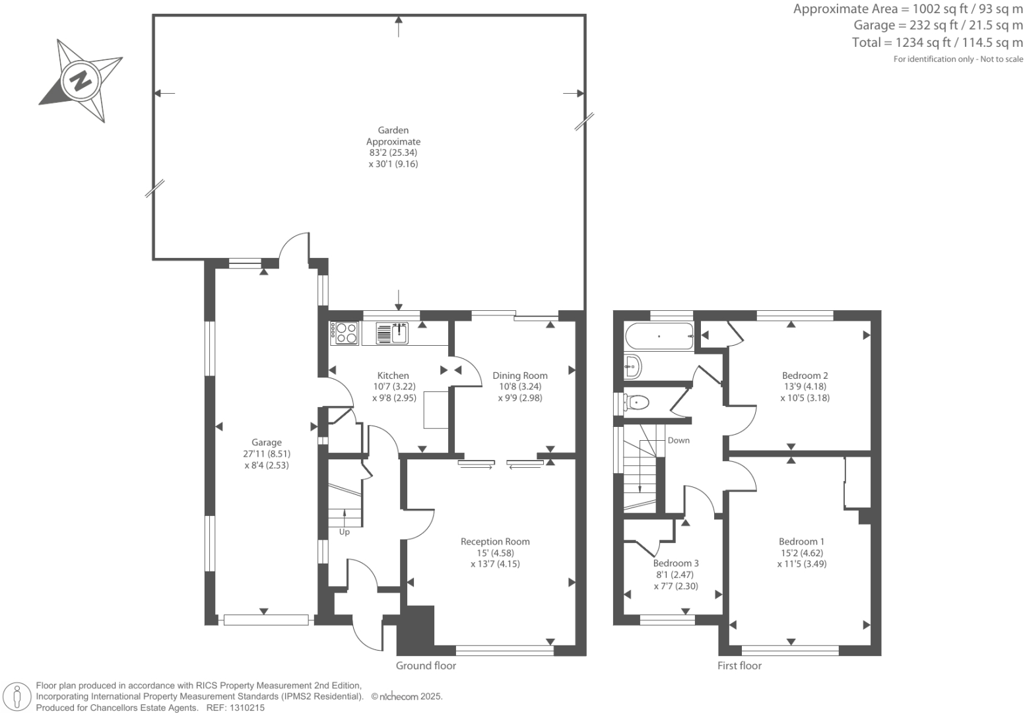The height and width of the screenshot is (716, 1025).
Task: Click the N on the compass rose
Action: [81, 81]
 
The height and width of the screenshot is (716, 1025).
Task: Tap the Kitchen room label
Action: [393, 375]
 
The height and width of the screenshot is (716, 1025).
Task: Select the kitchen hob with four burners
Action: [345, 333]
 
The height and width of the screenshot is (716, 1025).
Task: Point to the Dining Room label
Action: [520, 375]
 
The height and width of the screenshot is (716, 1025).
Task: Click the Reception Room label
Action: [495, 542]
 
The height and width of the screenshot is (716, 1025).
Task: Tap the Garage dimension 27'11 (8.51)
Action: [267, 454]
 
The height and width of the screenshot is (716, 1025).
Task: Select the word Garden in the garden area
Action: [393, 131]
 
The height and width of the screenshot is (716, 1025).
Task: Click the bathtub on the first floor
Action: [659, 336]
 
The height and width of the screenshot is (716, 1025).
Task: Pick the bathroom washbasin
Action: [632, 365]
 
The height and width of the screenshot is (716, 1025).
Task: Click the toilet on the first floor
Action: [636, 401]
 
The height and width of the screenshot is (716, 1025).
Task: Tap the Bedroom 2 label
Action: [805, 375]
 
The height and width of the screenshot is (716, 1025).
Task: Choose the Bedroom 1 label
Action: [801, 542]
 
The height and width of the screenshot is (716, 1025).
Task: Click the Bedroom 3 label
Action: [676, 564]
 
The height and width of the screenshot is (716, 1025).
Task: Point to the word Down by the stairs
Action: [678, 440]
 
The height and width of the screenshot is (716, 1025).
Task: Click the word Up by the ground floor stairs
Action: [345, 532]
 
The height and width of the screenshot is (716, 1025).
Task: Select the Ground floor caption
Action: [426, 666]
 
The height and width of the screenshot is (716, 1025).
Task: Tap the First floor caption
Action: [739, 666]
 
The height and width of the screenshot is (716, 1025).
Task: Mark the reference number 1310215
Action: [246, 707]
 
